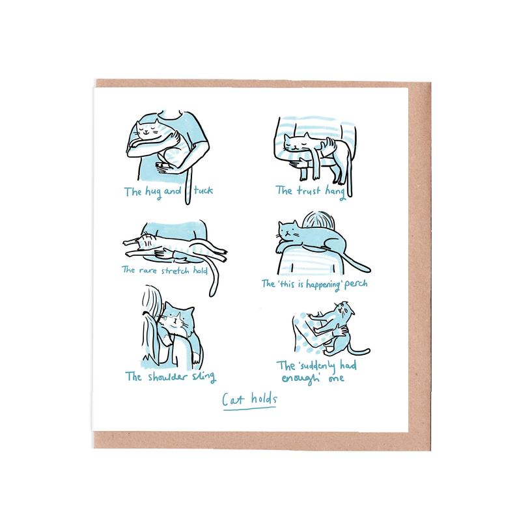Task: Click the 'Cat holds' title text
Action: (249, 400)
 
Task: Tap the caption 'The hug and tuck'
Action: (168, 191)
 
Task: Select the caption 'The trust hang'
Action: (311, 191)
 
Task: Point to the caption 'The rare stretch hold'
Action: (165, 270)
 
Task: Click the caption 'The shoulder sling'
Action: (171, 376)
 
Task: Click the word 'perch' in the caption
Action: (356, 284)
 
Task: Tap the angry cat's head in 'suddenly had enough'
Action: (344, 310)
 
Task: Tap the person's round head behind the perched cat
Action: (319, 220)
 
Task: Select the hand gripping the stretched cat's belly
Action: (164, 254)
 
